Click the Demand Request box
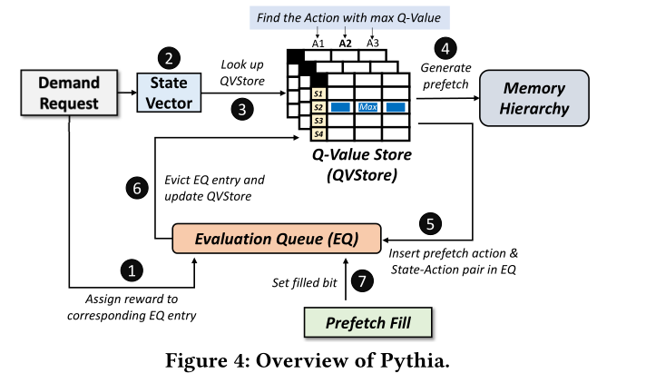(x=69, y=93)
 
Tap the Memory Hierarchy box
(x=534, y=99)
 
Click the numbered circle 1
(x=133, y=270)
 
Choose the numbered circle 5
(x=432, y=221)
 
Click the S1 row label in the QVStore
(x=318, y=93)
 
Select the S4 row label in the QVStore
(x=318, y=134)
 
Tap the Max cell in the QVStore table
(x=368, y=107)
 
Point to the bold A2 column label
(x=345, y=43)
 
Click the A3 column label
(x=373, y=43)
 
